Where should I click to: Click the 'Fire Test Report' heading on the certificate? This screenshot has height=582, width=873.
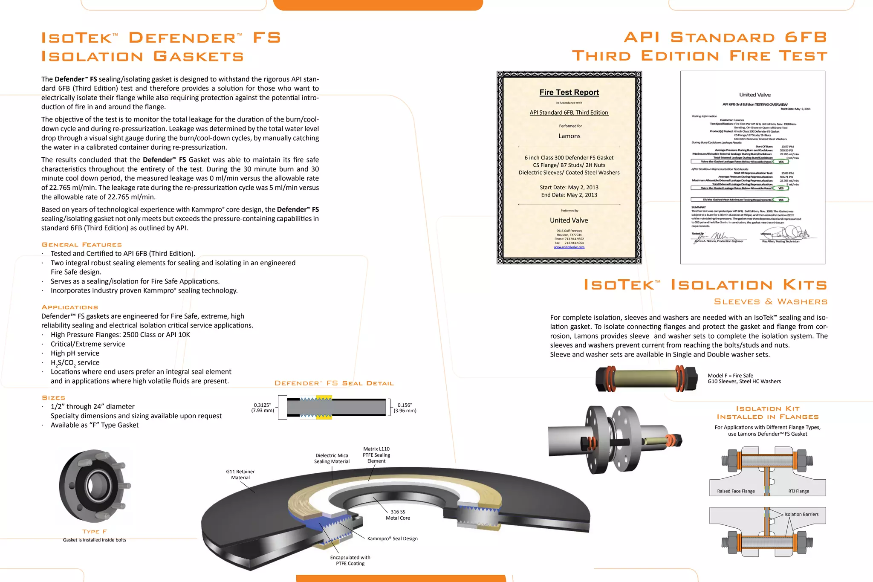coord(569,93)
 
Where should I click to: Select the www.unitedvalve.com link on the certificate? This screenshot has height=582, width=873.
coord(569,247)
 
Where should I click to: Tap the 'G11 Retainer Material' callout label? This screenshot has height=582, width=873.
coord(240,475)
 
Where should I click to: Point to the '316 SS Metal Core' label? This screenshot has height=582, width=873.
coord(398,515)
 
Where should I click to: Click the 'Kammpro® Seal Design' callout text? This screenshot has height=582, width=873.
coord(392,539)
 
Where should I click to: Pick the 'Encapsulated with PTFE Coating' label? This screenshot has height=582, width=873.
coord(350,560)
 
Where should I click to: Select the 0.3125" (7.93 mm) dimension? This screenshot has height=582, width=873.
coord(262,408)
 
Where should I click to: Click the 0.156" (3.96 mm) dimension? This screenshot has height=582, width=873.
coord(405,408)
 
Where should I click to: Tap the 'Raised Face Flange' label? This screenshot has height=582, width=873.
coord(736,491)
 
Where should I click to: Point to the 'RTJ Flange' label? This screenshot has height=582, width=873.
coord(798,491)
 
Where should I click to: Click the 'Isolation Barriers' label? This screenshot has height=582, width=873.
coord(801,514)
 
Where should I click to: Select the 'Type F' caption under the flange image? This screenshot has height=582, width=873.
coord(95,531)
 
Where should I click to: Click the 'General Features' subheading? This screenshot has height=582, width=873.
coord(82,245)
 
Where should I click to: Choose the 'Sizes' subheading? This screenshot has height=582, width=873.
coord(54,397)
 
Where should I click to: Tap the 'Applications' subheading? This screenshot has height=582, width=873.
coord(70,307)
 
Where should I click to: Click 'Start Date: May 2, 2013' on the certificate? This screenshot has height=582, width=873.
coord(569,188)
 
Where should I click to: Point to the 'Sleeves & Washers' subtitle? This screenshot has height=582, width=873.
coord(770,301)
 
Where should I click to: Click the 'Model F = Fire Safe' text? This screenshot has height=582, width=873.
coord(730,376)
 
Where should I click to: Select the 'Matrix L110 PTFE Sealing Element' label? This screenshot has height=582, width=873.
coord(376,455)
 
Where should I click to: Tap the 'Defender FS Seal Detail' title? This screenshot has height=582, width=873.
coord(334,383)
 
